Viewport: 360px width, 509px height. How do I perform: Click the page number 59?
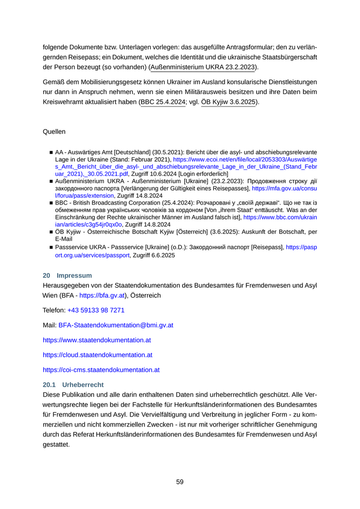coord(179,482)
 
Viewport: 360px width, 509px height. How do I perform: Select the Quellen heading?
coord(54,132)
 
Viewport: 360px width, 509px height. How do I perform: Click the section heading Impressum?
coord(74,276)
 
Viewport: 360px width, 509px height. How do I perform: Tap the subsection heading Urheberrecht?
coord(83,384)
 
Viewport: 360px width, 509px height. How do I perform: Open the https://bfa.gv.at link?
coord(102,296)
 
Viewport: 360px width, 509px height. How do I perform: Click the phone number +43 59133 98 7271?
coord(96,311)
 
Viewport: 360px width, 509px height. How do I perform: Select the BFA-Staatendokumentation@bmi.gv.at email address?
coord(116,325)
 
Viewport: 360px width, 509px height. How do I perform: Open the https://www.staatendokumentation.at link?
coord(97,340)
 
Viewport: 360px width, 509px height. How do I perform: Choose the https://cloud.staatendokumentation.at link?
coord(98,355)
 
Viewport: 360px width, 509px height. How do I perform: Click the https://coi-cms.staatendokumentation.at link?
coord(101,370)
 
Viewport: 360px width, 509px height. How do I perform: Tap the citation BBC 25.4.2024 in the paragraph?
coord(163,102)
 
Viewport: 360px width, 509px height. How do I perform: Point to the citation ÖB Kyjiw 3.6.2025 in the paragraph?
coord(228,102)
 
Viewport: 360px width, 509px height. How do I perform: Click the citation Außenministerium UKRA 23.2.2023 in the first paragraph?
coord(204,67)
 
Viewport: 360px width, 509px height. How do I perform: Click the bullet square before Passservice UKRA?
coord(51,248)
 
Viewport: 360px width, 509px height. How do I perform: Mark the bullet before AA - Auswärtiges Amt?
coord(51,153)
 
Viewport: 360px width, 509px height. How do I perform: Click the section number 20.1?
coord(49,384)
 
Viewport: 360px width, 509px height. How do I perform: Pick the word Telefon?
coord(53,311)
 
